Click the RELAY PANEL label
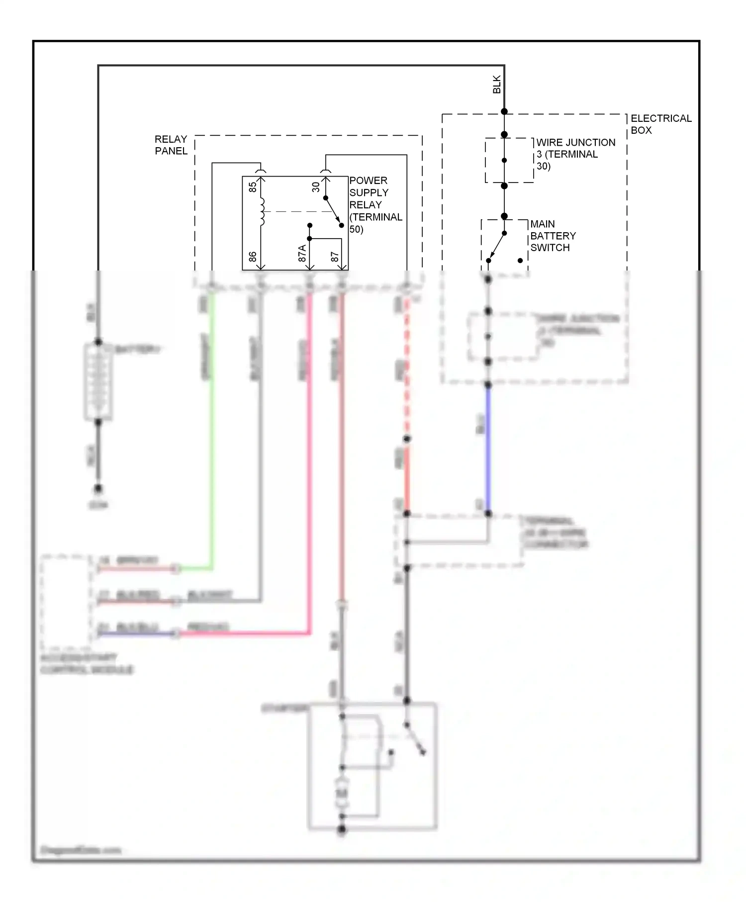coord(171,145)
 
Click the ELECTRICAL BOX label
coord(660,124)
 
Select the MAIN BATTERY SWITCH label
coord(553,236)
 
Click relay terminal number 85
coord(253,187)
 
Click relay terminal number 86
coord(253,257)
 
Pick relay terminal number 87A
coord(302,253)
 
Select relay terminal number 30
coord(316,187)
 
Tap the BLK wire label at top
coord(496,85)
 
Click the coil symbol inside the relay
coord(262,212)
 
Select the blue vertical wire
coord(488,448)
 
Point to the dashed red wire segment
coord(407,368)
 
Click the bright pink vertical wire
coord(309,448)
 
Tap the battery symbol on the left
coord(98,382)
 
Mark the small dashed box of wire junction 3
coord(509,160)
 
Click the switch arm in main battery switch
coord(496,247)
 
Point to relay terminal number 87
coord(335,257)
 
